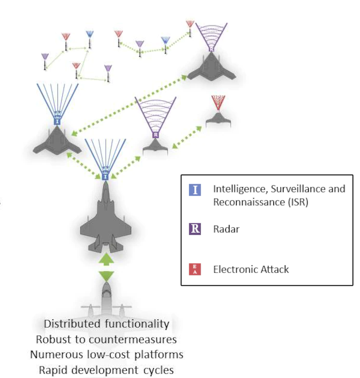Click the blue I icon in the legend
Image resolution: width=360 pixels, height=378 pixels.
point(195,189)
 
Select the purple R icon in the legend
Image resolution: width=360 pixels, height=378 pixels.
point(195,229)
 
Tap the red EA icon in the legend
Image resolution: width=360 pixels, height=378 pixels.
point(195,269)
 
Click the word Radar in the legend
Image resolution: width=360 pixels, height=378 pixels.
point(226,229)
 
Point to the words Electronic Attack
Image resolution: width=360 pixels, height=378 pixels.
point(251,269)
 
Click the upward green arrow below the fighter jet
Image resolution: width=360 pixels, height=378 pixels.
point(106,258)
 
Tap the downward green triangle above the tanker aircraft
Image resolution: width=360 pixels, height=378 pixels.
point(106,275)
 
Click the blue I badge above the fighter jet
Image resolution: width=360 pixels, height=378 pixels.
point(106,177)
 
